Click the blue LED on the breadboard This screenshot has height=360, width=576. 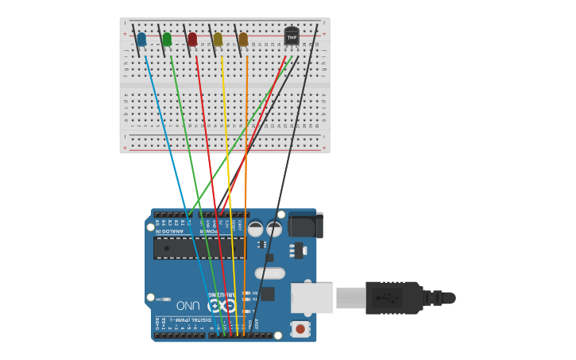coord(141,39)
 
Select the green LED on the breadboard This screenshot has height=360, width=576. coord(167,39)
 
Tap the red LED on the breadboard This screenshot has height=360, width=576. coord(192,39)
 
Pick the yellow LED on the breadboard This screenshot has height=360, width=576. coord(218,39)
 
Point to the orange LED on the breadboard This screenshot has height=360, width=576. coord(243,39)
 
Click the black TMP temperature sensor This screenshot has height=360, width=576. coord(292,36)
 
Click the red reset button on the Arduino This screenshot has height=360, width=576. coord(300,328)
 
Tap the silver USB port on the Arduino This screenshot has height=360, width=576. coord(311,298)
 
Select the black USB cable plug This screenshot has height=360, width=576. coord(393,298)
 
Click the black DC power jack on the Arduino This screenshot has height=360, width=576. coord(306,225)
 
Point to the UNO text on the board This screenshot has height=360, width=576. coord(188,305)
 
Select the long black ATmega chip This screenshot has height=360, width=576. coord(199,248)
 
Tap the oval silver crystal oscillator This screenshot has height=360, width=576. coord(270,274)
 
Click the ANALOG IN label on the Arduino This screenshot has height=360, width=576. coord(169,231)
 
